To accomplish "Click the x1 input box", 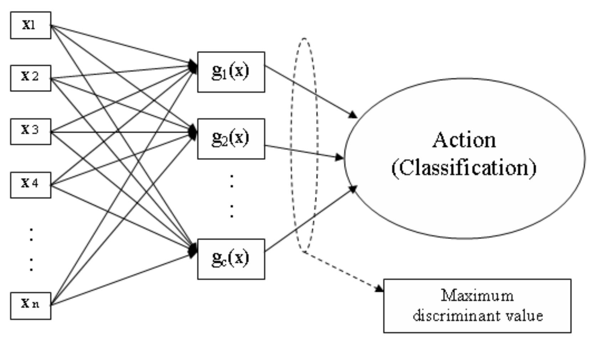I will (30, 25).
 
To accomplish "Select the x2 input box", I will (30, 78).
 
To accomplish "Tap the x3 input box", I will (30, 131).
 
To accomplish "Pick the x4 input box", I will (30, 185).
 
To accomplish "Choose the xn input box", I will (30, 306).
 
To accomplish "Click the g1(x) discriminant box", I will (231, 72).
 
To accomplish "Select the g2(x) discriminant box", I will (231, 139).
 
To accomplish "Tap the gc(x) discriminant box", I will (231, 259).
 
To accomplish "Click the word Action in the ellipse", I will (464, 140).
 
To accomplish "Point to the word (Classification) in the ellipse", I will (464, 167).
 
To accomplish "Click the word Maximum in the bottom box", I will (477, 296).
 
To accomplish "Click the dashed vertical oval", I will (293, 142).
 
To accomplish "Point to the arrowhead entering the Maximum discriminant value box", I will (380, 289).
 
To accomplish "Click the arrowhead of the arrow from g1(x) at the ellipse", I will (353, 115).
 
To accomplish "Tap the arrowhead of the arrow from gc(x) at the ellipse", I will (352, 189).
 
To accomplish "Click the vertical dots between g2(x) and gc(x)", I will (232, 196).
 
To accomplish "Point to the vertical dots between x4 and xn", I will (31, 249).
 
